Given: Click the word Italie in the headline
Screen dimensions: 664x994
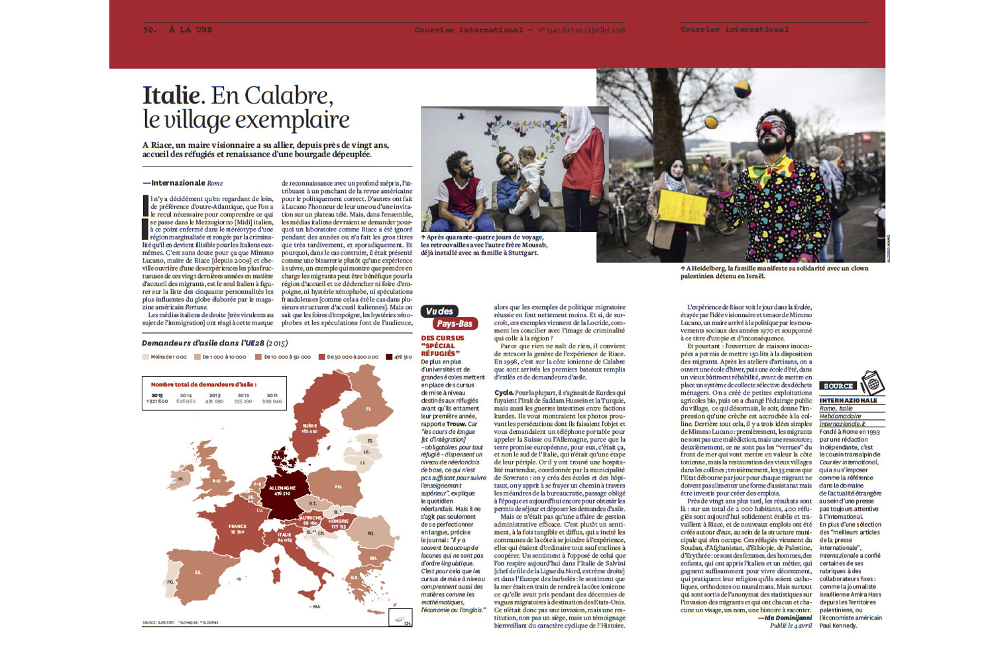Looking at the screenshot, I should pyautogui.click(x=171, y=96).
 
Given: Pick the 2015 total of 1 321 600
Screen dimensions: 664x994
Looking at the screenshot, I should pyautogui.click(x=156, y=401).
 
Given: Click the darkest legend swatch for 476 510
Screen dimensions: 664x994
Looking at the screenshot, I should pyautogui.click(x=390, y=357).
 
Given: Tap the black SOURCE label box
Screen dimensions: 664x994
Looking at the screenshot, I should pyautogui.click(x=838, y=386).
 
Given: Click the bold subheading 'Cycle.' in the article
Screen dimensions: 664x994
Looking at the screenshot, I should pyautogui.click(x=503, y=393).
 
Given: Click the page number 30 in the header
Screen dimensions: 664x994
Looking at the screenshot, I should pyautogui.click(x=149, y=29).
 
